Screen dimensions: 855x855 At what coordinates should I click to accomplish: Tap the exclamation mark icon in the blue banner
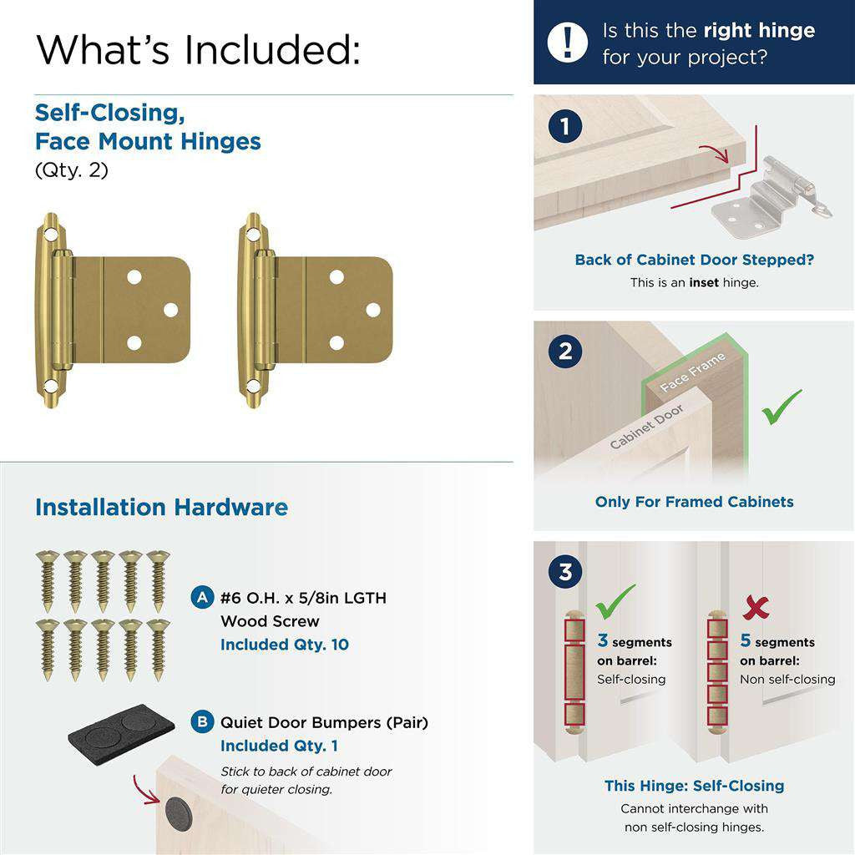[x=569, y=42]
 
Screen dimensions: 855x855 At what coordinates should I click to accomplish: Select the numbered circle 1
[x=565, y=127]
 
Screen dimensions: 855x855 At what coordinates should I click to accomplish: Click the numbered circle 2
[x=565, y=352]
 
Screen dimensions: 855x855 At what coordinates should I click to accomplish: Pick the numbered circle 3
[x=565, y=573]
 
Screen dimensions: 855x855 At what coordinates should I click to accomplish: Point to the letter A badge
[x=201, y=598]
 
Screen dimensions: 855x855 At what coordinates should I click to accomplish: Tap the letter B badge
[x=201, y=722]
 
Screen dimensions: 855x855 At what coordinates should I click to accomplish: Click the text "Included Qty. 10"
[x=285, y=645]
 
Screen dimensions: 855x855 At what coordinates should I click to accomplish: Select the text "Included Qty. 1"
[x=279, y=746]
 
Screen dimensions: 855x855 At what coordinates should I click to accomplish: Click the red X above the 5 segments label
[x=755, y=607]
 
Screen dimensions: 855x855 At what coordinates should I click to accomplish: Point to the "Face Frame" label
[x=692, y=372]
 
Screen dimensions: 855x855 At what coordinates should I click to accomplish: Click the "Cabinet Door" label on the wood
[x=646, y=427]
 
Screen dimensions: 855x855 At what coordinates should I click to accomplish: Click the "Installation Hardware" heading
[x=161, y=508]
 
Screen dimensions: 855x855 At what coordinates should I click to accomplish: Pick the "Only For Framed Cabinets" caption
[x=694, y=502]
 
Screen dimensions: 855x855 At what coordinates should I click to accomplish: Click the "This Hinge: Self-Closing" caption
[x=694, y=786]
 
